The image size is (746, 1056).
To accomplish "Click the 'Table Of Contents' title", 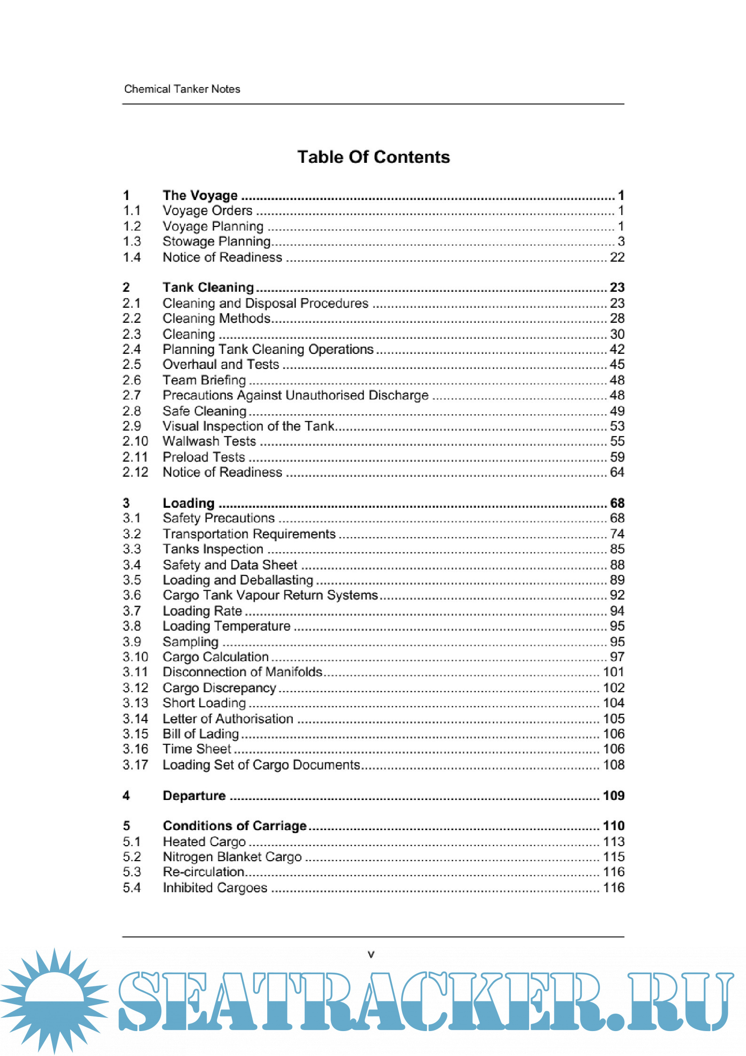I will (373, 157).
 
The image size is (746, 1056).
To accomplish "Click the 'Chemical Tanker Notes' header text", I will (182, 89).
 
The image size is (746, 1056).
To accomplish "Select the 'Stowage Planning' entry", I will (216, 241).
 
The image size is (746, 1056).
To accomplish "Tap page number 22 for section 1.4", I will (617, 257).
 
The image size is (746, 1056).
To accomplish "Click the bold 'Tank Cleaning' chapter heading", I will (208, 287).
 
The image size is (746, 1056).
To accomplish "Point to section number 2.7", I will (132, 395).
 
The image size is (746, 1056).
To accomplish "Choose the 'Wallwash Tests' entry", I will (209, 441).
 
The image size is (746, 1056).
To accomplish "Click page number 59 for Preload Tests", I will (617, 457).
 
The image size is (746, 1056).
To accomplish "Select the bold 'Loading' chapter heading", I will (189, 503).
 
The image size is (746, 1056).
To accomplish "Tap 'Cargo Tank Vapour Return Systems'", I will (270, 595).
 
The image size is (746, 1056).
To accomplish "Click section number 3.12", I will (135, 688).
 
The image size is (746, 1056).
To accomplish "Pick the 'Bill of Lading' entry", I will (201, 734).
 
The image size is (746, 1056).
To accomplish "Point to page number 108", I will (613, 765).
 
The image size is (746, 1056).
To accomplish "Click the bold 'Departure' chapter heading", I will (194, 796).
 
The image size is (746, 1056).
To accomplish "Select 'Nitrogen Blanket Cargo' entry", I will (232, 856).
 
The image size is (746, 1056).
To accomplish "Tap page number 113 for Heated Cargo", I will (613, 841).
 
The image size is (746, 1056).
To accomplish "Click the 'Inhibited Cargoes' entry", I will (215, 888).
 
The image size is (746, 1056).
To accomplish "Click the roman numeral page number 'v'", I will (371, 955).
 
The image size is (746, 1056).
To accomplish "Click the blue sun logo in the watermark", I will (54, 1000).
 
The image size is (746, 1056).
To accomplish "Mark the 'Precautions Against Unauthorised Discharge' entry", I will (295, 395).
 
